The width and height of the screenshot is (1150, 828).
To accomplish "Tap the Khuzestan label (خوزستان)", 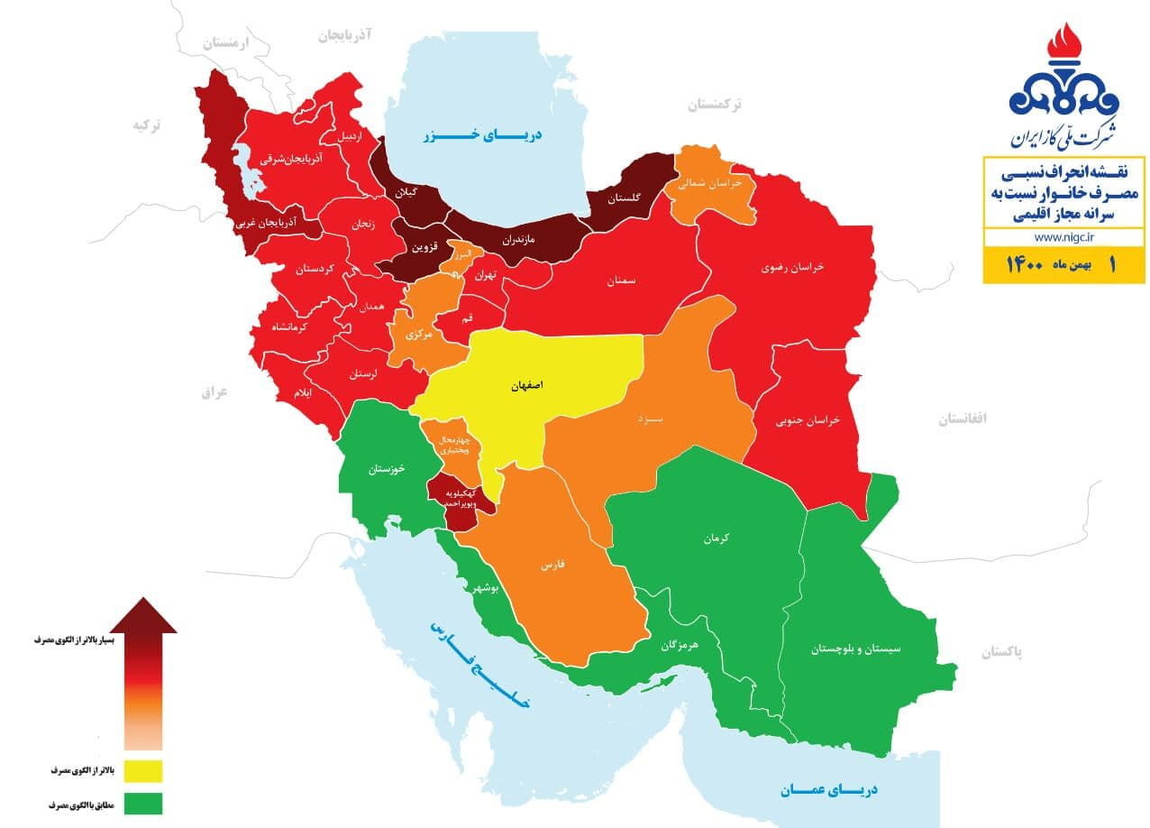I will coord(386,470).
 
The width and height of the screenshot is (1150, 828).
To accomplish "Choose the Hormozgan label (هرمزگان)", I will coord(680,646).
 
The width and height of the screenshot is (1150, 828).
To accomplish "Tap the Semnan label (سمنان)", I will coord(620,281).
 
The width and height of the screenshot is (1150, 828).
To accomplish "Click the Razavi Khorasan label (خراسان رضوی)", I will coord(793,268).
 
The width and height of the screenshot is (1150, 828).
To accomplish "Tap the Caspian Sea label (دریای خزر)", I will coord(484,136).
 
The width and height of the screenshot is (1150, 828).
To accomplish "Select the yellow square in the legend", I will coord(137,771).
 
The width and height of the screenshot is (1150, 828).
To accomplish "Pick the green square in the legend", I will coord(137,803).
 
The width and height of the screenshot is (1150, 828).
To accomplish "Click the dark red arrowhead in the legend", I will coord(143,615).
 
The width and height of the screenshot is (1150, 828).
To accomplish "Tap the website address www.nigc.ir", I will coord(1063,237).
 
